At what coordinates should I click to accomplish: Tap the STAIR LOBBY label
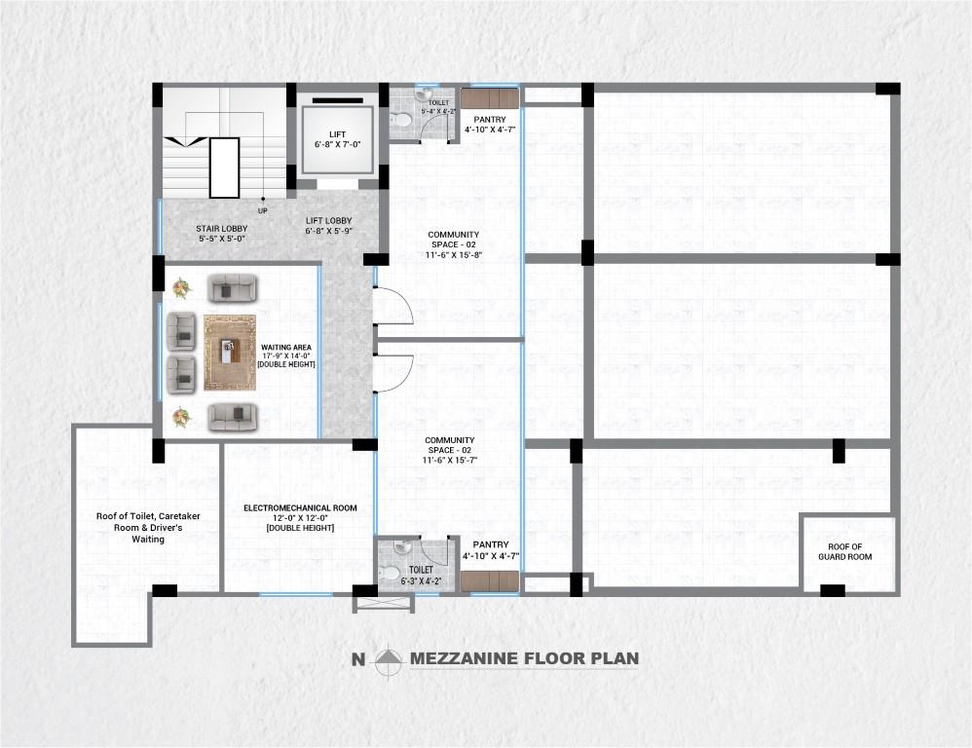pyautogui.click(x=221, y=233)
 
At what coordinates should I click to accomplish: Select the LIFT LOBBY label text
pyautogui.click(x=328, y=225)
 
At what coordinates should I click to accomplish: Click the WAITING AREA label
pyautogui.click(x=285, y=355)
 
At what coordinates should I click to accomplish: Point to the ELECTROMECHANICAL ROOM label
pyautogui.click(x=300, y=517)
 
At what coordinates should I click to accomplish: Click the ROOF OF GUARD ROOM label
pyautogui.click(x=845, y=551)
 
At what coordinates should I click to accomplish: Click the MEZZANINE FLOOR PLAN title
pyautogui.click(x=524, y=658)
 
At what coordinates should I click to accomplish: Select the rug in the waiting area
pyautogui.click(x=230, y=353)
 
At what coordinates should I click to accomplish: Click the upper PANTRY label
pyautogui.click(x=490, y=124)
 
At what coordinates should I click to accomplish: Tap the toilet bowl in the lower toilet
pyautogui.click(x=391, y=573)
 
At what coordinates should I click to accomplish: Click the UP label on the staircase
pyautogui.click(x=263, y=211)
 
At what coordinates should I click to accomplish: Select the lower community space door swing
pyautogui.click(x=394, y=373)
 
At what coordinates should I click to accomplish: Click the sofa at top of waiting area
pyautogui.click(x=232, y=288)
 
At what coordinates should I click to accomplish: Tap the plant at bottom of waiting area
pyautogui.click(x=181, y=417)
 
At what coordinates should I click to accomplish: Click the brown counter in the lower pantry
pyautogui.click(x=489, y=580)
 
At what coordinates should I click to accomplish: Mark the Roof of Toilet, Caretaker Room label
pyautogui.click(x=148, y=527)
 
